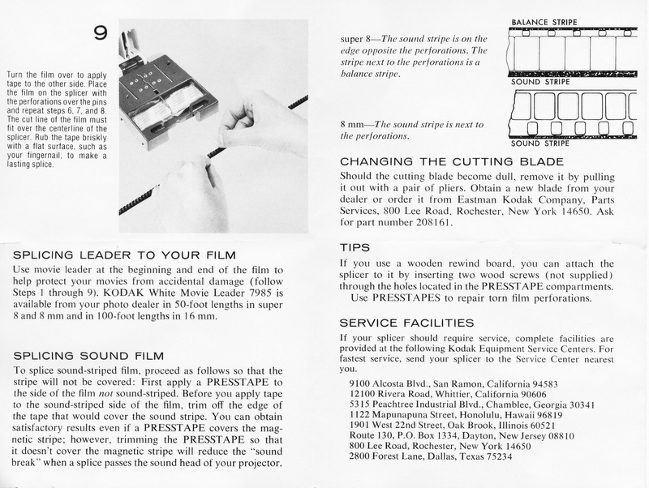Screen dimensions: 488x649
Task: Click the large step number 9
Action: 101,33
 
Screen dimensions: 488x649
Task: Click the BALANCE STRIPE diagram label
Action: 548,22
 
